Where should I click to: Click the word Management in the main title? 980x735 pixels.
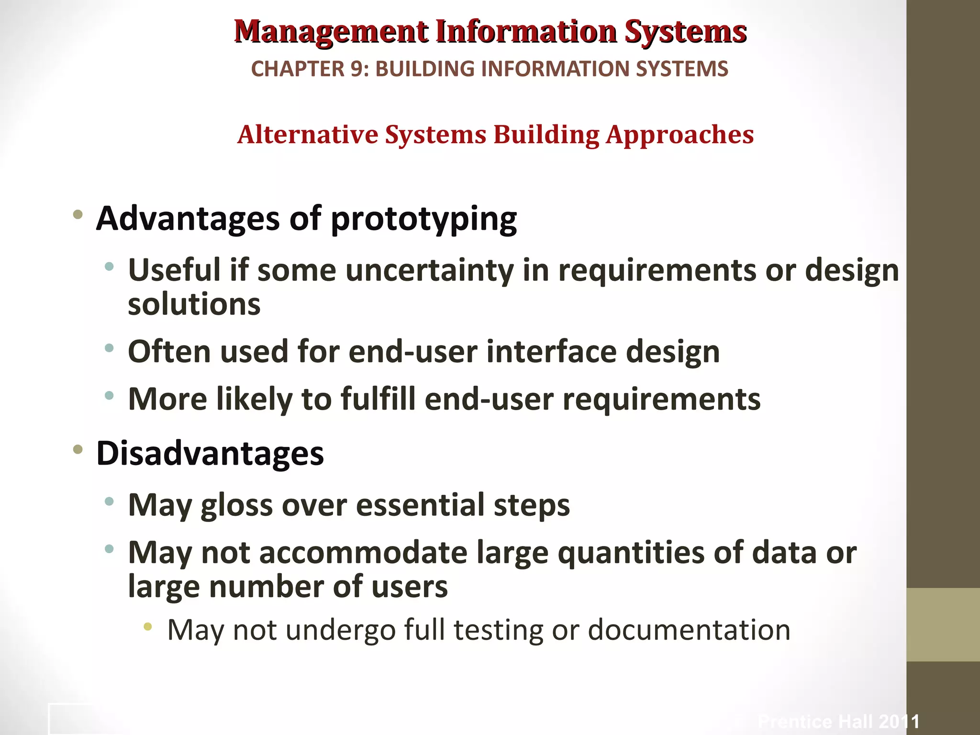[331, 32]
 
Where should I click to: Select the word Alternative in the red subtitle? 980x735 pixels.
[308, 134]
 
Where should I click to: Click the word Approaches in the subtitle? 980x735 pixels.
[679, 135]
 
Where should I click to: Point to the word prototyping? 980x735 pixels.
[423, 219]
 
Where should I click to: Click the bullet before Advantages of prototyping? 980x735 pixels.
[78, 214]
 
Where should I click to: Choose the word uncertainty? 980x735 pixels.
[429, 270]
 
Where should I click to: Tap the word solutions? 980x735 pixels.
[194, 304]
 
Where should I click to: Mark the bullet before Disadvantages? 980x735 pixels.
[78, 449]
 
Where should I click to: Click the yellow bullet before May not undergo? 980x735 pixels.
[148, 626]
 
